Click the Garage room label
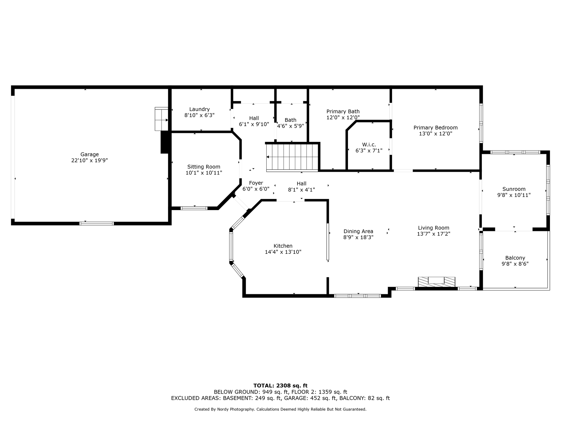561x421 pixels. click(x=90, y=155)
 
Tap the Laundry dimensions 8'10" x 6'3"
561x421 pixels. click(x=199, y=115)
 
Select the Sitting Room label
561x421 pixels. click(x=204, y=167)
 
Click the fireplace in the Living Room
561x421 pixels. click(x=436, y=282)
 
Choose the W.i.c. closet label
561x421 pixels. click(x=369, y=145)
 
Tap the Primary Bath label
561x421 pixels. click(x=343, y=111)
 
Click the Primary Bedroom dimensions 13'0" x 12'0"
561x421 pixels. click(x=436, y=134)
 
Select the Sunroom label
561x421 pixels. click(x=514, y=189)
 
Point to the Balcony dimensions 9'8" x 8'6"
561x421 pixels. click(x=515, y=264)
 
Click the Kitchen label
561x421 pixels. click(x=283, y=246)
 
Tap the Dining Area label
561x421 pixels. click(x=358, y=231)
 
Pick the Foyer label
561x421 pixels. click(x=256, y=183)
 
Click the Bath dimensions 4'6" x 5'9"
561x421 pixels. click(x=290, y=126)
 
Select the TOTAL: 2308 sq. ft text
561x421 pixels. click(x=280, y=386)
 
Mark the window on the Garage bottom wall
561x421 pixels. click(x=97, y=223)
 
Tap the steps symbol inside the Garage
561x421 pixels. click(x=162, y=119)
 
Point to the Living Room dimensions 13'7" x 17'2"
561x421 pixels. click(x=434, y=234)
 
